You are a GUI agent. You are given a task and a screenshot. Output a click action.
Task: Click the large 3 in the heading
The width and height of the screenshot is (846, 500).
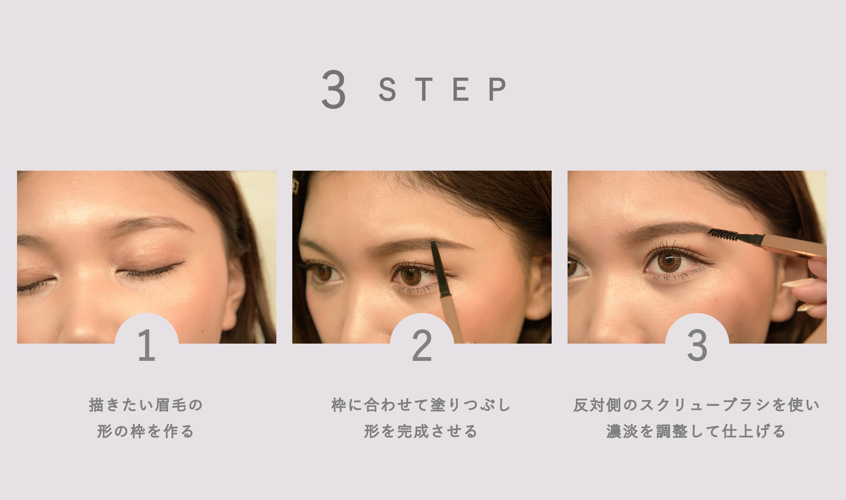pyautogui.click(x=333, y=89)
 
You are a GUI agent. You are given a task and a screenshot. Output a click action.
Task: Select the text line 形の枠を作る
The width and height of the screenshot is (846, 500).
pyautogui.click(x=145, y=431)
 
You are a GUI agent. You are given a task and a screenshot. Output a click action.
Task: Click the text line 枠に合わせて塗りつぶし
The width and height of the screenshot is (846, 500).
pyautogui.click(x=421, y=405)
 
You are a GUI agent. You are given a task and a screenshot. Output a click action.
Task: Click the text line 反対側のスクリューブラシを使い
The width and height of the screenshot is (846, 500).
pyautogui.click(x=696, y=405)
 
